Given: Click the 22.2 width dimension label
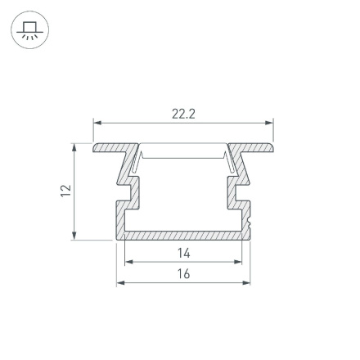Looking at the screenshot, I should (183, 115).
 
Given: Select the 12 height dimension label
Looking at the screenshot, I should (66, 190).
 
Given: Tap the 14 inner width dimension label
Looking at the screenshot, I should (183, 254).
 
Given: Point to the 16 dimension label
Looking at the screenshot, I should (183, 273).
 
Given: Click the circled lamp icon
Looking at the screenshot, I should (29, 31).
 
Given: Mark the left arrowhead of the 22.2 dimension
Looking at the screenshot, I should (97, 124).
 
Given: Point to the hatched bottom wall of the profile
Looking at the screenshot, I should (183, 234).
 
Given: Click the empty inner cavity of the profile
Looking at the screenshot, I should (183, 192).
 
